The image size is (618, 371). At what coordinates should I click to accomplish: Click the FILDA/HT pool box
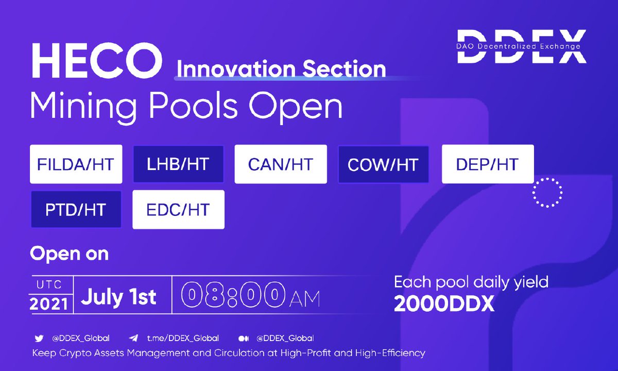coord(76,164)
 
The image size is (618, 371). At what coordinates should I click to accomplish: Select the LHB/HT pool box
coord(178,164)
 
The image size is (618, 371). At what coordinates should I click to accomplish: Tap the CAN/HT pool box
coord(281,164)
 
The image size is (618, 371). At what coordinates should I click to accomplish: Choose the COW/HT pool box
coord(383,164)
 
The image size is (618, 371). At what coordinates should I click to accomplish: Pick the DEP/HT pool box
coord(487,164)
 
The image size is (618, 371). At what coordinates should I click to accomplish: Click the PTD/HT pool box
coord(76,209)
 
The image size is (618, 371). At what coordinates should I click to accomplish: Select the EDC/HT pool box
coord(178,209)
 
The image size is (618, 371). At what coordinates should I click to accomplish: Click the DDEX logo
coord(521,46)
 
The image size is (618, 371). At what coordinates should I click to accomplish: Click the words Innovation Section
coord(281,69)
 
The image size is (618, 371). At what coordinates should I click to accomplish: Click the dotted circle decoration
coord(547,192)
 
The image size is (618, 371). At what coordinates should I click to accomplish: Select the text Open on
coord(69,254)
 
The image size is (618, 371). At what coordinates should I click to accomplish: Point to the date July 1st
coord(119,297)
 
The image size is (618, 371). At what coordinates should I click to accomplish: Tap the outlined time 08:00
coord(233,296)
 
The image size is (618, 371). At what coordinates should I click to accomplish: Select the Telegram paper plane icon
coord(134,339)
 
